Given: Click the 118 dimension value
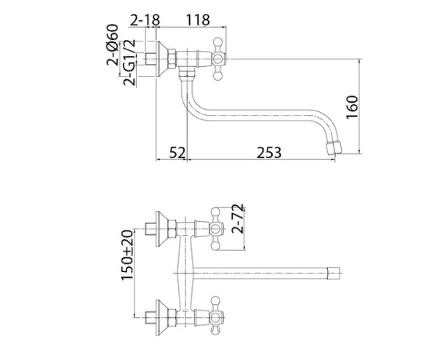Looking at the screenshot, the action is pyautogui.click(x=198, y=20).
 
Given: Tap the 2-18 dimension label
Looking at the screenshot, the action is pyautogui.click(x=145, y=20).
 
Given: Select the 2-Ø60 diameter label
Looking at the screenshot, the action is pyautogui.click(x=113, y=44).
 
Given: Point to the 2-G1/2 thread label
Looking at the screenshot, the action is pyautogui.click(x=129, y=63).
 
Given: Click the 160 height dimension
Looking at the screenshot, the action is pyautogui.click(x=352, y=108).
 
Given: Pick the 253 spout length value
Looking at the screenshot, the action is pyautogui.click(x=269, y=153).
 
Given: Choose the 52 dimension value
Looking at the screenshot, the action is pyautogui.click(x=177, y=153).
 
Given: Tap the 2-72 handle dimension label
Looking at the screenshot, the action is pyautogui.click(x=238, y=219).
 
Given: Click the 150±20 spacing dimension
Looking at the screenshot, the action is pyautogui.click(x=127, y=255).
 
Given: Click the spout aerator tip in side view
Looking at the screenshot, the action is pyautogui.click(x=334, y=148).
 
